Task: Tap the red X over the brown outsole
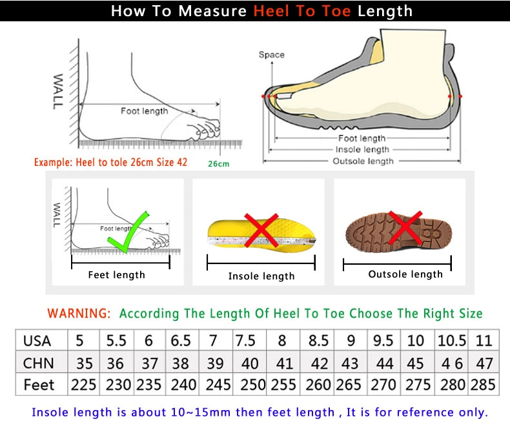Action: (405, 228)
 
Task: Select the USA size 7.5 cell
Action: (245, 340)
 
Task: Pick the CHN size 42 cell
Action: (318, 363)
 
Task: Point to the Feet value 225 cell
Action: (83, 385)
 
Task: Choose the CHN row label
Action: (38, 363)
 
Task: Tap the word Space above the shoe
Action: (271, 55)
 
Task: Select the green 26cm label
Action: (218, 164)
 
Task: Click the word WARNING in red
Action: (79, 314)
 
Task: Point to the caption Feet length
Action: (116, 275)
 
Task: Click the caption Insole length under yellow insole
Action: (261, 276)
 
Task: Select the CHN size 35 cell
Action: (83, 363)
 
